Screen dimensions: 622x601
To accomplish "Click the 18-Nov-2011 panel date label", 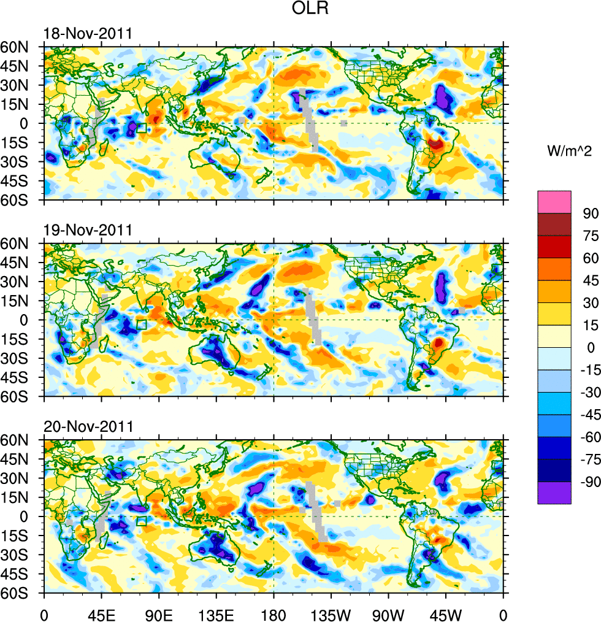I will pyautogui.click(x=87, y=34).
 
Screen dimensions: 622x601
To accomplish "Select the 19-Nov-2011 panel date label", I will pyautogui.click(x=87, y=231).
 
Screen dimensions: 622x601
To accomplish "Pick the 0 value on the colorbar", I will pyautogui.click(x=590, y=348).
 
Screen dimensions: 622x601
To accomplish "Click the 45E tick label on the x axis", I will pyautogui.click(x=101, y=613).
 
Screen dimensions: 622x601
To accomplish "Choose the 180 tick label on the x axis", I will pyautogui.click(x=274, y=613).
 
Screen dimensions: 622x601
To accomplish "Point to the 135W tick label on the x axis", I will pyautogui.click(x=331, y=613).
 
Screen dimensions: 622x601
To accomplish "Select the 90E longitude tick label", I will pyautogui.click(x=159, y=613).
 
